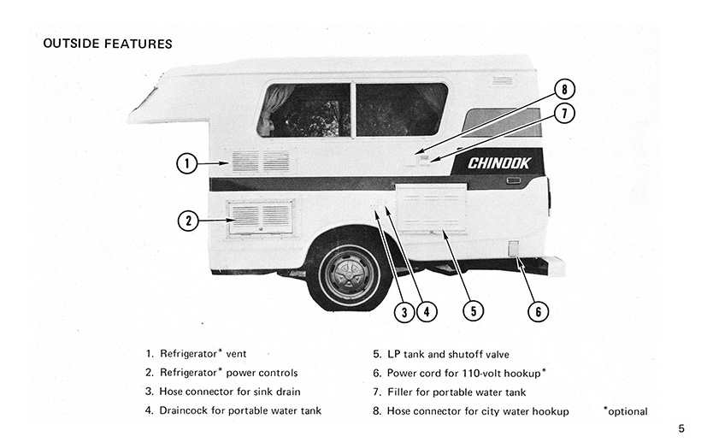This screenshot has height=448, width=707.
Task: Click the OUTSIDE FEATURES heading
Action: (x=107, y=44)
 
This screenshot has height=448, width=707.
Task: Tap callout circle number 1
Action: (x=187, y=162)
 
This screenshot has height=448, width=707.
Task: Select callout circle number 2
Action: (x=189, y=221)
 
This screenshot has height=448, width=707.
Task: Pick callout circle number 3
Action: (x=404, y=312)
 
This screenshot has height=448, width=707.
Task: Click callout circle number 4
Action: (x=427, y=312)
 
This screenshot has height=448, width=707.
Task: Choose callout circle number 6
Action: (x=536, y=311)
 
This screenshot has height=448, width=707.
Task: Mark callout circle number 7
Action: (x=564, y=112)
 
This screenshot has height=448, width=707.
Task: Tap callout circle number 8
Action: (x=564, y=89)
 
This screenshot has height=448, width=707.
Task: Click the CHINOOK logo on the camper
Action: (x=499, y=162)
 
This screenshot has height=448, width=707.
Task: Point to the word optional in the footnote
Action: (x=627, y=411)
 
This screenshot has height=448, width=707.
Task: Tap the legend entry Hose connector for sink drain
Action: (x=227, y=392)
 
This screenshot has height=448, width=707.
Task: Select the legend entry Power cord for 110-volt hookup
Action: (x=466, y=373)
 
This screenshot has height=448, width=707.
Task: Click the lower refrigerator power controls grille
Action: (x=260, y=217)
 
